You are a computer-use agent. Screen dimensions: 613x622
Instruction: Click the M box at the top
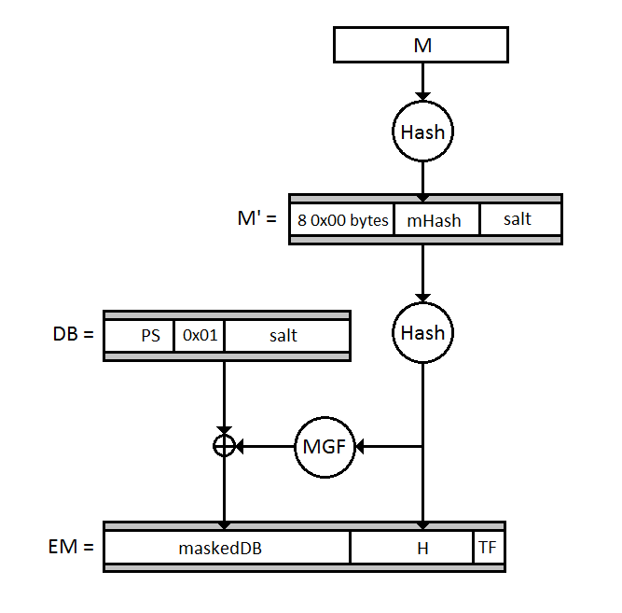pyautogui.click(x=421, y=45)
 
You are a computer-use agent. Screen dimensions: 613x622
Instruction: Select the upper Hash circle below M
pyautogui.click(x=422, y=132)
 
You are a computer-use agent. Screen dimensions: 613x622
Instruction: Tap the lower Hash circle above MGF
pyautogui.click(x=422, y=333)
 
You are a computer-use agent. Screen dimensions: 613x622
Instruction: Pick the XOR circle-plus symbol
pyautogui.click(x=224, y=447)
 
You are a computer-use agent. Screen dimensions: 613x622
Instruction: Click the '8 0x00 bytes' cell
pyautogui.click(x=341, y=220)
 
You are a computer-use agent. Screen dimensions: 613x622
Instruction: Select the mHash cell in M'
pyautogui.click(x=436, y=220)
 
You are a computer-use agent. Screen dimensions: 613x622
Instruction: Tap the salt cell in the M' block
pyautogui.click(x=518, y=219)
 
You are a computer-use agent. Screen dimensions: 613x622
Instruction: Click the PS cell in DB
pyautogui.click(x=150, y=336)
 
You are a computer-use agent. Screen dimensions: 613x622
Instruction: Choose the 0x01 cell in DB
pyautogui.click(x=200, y=336)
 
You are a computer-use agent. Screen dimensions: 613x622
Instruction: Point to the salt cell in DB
pyautogui.click(x=284, y=336)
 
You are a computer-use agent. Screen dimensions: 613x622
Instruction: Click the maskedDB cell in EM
pyautogui.click(x=220, y=549)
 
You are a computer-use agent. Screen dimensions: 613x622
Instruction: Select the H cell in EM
pyautogui.click(x=422, y=549)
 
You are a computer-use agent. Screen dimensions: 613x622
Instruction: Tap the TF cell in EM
pyautogui.click(x=488, y=549)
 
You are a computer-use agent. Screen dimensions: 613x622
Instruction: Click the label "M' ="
pyautogui.click(x=257, y=220)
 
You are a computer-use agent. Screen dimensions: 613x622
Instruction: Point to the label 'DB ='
pyautogui.click(x=74, y=333)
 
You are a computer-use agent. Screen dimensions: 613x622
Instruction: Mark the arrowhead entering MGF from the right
pyautogui.click(x=361, y=447)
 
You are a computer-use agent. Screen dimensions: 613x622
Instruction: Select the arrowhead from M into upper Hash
pyautogui.click(x=422, y=95)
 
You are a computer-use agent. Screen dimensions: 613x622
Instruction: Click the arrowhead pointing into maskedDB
pyautogui.click(x=224, y=525)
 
